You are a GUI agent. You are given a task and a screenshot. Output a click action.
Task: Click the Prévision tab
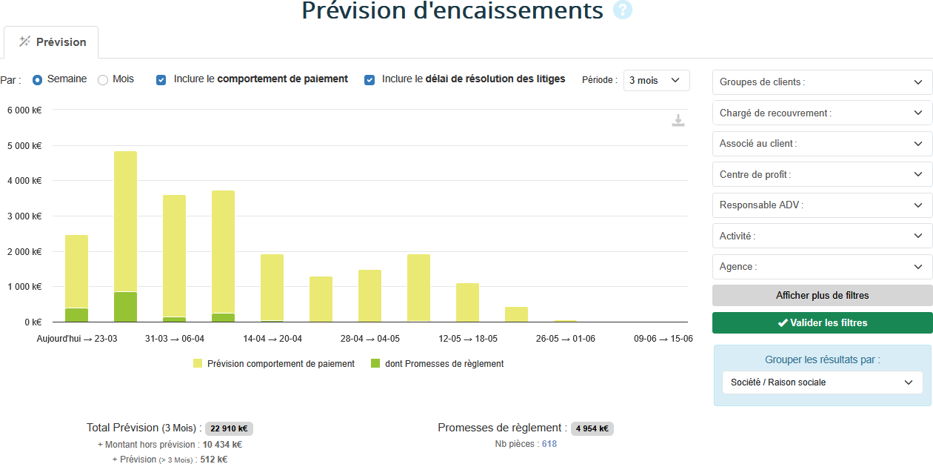click(52, 42)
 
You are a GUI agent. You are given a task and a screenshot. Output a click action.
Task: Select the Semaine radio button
click(37, 79)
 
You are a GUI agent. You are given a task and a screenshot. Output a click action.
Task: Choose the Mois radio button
click(103, 79)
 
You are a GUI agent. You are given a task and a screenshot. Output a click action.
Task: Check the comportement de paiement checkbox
click(161, 79)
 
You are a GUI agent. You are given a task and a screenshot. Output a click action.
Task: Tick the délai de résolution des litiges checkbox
click(369, 79)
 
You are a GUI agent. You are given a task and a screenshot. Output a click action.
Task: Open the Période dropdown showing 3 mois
click(656, 80)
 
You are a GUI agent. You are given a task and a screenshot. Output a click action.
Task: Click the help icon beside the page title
click(623, 10)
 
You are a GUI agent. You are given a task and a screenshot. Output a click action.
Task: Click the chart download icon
click(678, 120)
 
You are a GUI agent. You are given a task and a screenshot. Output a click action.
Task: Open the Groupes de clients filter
click(822, 82)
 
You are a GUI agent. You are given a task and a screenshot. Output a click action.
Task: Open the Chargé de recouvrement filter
click(822, 113)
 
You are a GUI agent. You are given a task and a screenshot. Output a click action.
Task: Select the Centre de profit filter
click(822, 174)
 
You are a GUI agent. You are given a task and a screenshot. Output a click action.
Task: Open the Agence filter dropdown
click(822, 267)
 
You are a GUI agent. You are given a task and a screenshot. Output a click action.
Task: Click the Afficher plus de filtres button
click(822, 295)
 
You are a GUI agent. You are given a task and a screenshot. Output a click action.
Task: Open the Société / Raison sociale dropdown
click(822, 382)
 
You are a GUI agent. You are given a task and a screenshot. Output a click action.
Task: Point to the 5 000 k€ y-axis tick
click(24, 145)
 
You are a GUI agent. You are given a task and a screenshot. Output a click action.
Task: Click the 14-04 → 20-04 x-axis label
click(272, 339)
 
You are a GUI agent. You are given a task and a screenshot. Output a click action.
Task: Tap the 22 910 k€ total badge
click(229, 428)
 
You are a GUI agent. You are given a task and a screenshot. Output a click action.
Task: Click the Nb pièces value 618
click(549, 444)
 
